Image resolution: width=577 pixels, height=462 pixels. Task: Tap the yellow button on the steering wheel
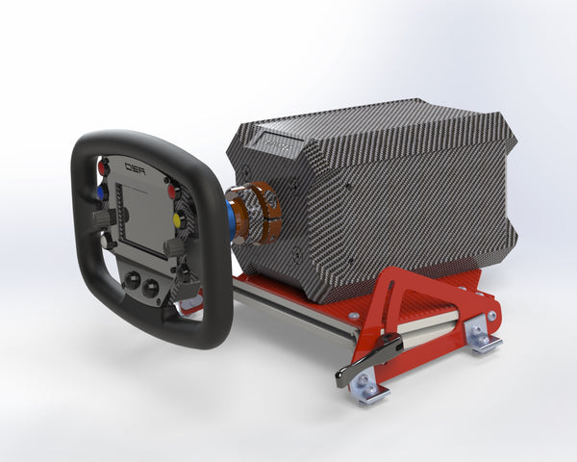[x=178, y=220]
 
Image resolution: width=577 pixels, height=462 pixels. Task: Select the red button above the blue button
[x=103, y=167]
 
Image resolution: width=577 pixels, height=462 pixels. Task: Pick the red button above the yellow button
[x=173, y=191]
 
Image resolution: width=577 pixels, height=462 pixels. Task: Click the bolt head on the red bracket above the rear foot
[x=491, y=314]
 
